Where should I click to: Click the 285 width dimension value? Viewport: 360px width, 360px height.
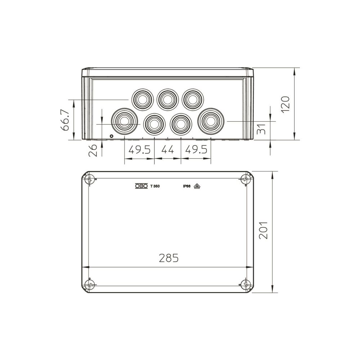coord(169,258)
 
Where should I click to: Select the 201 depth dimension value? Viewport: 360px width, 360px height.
coord(264,230)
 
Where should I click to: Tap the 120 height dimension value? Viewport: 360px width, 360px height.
coord(285,104)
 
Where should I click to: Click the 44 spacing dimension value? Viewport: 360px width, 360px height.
coord(168,150)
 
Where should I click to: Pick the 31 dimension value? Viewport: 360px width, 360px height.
coord(261,129)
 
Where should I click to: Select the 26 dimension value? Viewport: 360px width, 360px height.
coord(93,150)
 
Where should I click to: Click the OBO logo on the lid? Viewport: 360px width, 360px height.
coord(141,186)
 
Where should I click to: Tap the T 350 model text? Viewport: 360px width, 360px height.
coord(155,186)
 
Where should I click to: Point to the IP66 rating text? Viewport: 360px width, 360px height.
coord(187,186)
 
